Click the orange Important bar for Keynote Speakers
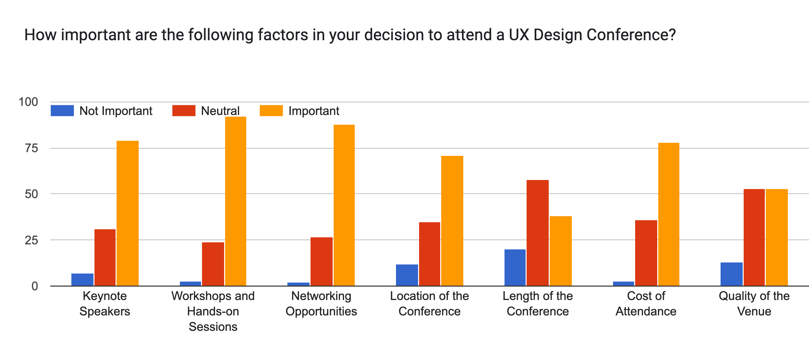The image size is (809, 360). click(127, 213)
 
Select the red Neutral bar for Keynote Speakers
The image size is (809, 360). click(105, 257)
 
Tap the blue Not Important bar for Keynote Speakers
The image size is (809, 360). click(82, 280)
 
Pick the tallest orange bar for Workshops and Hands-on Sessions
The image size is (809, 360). click(235, 201)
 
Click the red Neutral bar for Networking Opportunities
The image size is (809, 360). click(322, 261)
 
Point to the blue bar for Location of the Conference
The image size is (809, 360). click(407, 275)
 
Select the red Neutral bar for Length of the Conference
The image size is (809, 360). click(537, 233)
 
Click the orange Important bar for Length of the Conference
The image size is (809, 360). click(560, 251)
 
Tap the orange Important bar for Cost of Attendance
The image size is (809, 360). click(669, 214)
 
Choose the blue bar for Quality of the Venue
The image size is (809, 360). click(731, 274)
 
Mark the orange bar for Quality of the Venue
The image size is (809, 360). click(777, 237)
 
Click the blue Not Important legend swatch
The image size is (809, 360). click(62, 111)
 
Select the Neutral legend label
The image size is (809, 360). click(220, 111)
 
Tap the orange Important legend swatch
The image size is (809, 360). click(271, 111)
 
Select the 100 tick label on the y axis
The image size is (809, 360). click(28, 102)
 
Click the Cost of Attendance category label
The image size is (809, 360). click(646, 304)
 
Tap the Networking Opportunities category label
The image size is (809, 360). click(321, 304)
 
